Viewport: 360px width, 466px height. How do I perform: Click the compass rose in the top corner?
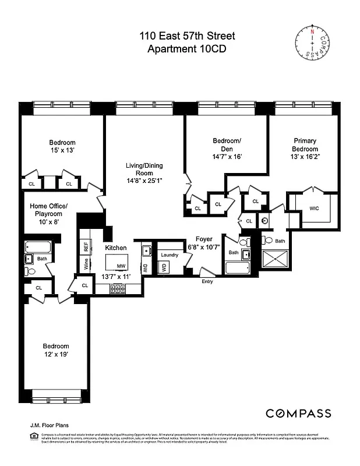pos(317,42)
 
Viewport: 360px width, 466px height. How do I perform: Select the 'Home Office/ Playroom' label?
pos(49,209)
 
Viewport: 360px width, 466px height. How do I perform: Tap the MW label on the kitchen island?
pos(121,266)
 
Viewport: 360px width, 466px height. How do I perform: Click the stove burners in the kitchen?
pos(119,288)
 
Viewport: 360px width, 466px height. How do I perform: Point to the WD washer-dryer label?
pos(164,267)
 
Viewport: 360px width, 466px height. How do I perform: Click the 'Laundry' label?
pos(170,255)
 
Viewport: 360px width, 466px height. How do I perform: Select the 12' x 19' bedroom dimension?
pos(55,355)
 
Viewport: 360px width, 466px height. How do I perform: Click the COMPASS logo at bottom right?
pos(298,413)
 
